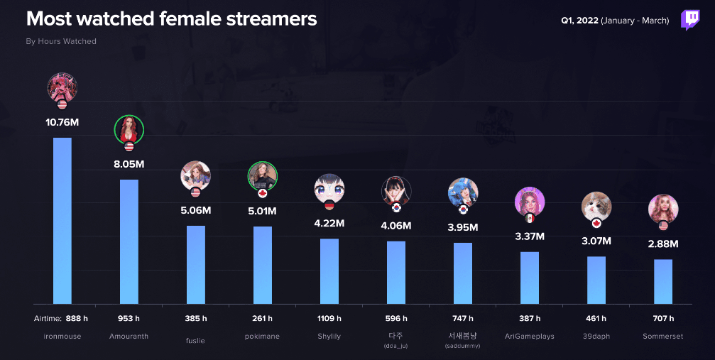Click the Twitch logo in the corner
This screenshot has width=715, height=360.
(690, 20)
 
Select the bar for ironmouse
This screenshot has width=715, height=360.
(62, 220)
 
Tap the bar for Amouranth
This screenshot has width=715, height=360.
(129, 241)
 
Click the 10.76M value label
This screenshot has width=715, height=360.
(62, 122)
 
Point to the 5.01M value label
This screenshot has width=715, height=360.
(263, 211)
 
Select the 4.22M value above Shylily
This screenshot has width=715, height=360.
(329, 223)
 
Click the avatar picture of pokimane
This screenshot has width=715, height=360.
(262, 176)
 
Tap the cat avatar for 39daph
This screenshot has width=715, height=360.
(596, 206)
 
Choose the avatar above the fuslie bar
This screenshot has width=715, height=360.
(195, 175)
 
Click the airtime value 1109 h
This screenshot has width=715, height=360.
(329, 318)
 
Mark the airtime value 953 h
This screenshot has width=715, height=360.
(129, 318)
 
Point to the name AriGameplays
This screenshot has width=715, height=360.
(529, 336)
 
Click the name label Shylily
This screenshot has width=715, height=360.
(329, 336)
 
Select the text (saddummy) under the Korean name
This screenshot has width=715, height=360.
(462, 346)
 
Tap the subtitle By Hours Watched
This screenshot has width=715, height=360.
(61, 41)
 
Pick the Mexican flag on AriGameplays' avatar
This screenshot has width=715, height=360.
(530, 219)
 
